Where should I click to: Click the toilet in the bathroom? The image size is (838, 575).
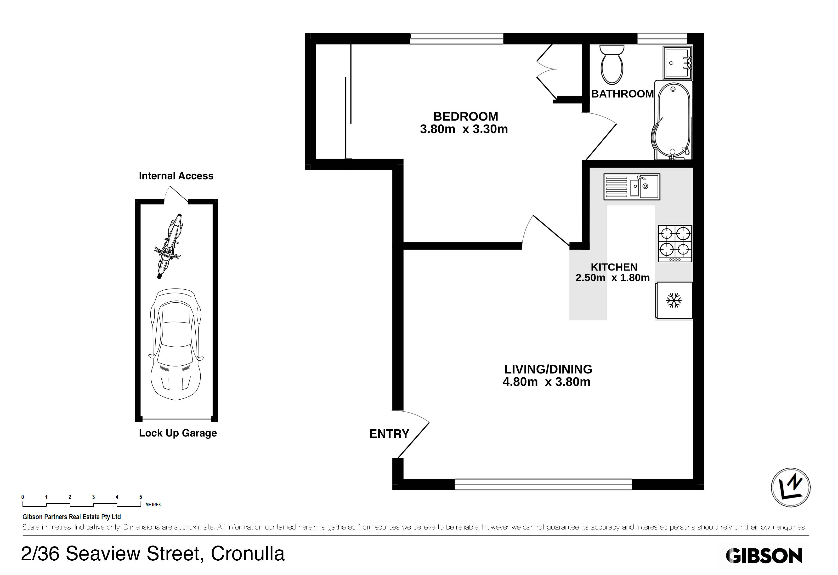coord(612,65)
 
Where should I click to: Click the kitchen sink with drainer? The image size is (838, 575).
coord(632,186)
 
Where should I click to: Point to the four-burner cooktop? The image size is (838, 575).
coord(675,243)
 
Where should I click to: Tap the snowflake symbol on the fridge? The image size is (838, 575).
coord(674,300)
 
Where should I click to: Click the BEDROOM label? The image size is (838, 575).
coord(465,116)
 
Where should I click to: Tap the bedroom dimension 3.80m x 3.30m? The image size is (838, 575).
coord(464,129)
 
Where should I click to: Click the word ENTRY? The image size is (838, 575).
coord(389,434)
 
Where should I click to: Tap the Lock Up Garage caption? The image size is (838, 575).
coord(178,433)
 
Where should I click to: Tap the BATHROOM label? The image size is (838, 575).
coord(622,94)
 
